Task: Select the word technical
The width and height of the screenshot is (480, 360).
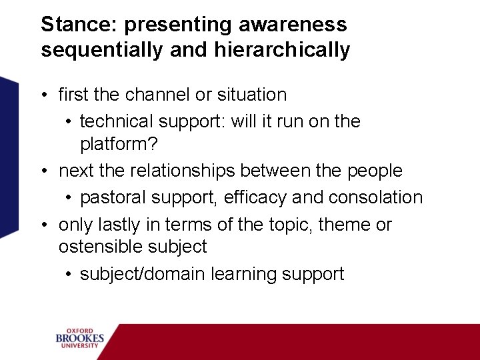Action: pos(117,121)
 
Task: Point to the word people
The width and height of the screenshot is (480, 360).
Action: pos(375,171)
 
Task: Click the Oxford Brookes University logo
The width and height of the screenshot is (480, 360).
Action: pos(80,338)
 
